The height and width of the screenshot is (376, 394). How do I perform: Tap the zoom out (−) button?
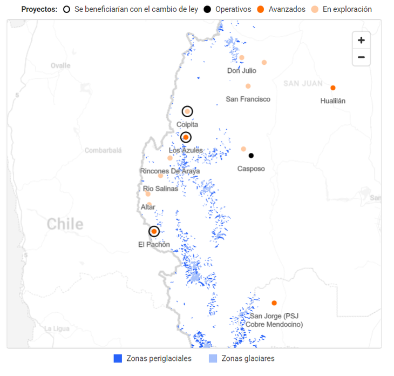point(361,57)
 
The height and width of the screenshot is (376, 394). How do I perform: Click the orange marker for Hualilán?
point(333,88)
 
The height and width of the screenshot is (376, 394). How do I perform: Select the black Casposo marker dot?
point(251,156)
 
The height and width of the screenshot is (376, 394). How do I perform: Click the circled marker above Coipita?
point(187,112)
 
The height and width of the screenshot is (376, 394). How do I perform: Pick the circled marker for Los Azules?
point(186,137)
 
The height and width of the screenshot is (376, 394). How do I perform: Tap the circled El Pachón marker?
point(154,231)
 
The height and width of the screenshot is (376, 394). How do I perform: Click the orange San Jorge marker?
point(274,303)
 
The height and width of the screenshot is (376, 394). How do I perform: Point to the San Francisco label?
point(248,99)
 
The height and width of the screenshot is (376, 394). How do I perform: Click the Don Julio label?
point(241,70)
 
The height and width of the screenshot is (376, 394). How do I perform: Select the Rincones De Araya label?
point(169,171)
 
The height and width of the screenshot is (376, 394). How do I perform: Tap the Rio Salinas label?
point(160,189)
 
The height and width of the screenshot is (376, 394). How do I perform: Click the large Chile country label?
point(65,224)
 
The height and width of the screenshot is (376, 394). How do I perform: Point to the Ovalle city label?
point(60,65)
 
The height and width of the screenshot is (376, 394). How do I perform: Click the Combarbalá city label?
point(103,150)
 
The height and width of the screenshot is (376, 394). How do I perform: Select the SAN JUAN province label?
point(303,84)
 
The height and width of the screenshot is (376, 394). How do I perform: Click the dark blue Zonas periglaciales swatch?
point(118,359)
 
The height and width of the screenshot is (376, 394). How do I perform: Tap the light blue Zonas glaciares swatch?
point(213,359)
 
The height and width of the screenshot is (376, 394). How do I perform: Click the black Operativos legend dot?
point(207,9)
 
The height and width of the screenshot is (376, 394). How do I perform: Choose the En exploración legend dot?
point(315,9)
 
